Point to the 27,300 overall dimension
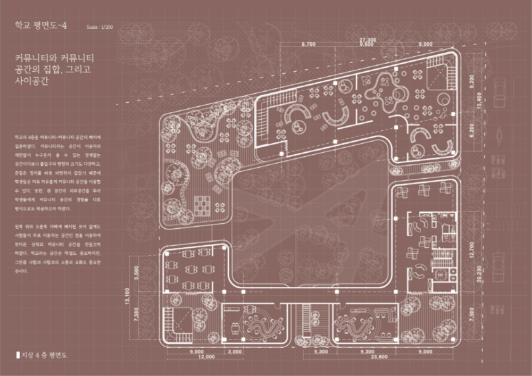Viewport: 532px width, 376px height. pos(368,40)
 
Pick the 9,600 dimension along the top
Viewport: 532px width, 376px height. pos(367,45)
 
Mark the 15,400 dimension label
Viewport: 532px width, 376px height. pos(479,102)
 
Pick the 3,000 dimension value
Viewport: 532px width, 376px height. pos(234,352)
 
